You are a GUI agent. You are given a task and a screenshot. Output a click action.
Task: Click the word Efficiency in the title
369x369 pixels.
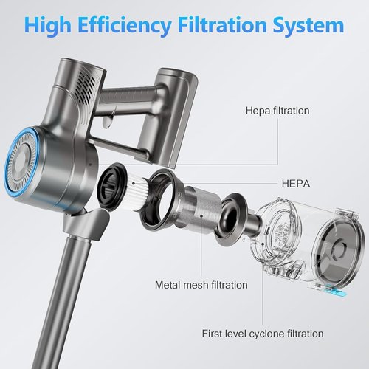click(x=125, y=25)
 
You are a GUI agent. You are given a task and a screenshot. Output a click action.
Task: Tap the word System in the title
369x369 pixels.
click(x=308, y=26)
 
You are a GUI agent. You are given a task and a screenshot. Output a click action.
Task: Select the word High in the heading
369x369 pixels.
click(x=48, y=26)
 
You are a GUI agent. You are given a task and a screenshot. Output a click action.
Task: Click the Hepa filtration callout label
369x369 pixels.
click(x=277, y=111)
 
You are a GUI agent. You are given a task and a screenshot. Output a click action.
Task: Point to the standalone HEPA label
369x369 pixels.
click(x=296, y=184)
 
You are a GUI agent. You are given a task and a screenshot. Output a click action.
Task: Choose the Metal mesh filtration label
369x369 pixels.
click(x=201, y=285)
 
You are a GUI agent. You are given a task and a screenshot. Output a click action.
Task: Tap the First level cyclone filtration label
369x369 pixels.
click(x=263, y=334)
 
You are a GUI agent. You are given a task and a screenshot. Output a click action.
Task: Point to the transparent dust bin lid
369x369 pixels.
click(x=337, y=249)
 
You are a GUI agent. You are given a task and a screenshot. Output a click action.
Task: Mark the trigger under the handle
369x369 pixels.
click(x=108, y=120)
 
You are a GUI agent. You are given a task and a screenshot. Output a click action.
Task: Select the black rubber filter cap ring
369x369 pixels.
click(x=111, y=187)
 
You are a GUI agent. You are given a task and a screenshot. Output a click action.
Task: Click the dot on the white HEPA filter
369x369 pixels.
click(x=133, y=183)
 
